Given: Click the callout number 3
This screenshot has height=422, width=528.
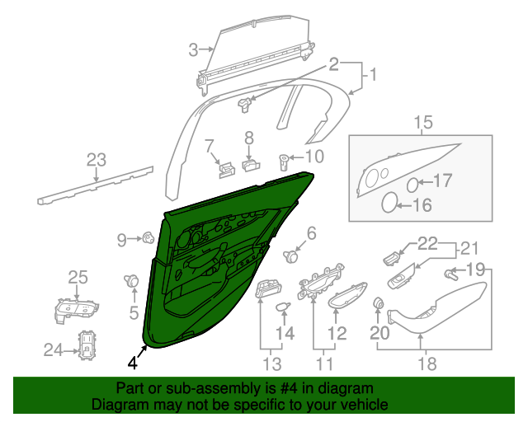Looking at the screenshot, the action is [193, 49].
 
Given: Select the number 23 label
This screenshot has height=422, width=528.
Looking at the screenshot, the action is [97, 159].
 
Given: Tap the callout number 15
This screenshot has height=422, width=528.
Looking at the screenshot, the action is [422, 124].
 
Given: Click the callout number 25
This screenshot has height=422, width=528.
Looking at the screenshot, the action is [77, 277].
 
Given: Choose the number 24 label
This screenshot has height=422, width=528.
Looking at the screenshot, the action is [53, 349].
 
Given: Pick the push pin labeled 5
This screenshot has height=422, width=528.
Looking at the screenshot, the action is [131, 281].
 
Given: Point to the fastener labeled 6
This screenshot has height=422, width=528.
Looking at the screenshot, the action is [290, 256].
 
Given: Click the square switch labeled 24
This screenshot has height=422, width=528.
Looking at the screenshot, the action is [87, 347].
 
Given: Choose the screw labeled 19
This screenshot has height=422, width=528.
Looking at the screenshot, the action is [450, 273].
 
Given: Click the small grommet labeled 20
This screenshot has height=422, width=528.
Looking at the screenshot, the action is [379, 303].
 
